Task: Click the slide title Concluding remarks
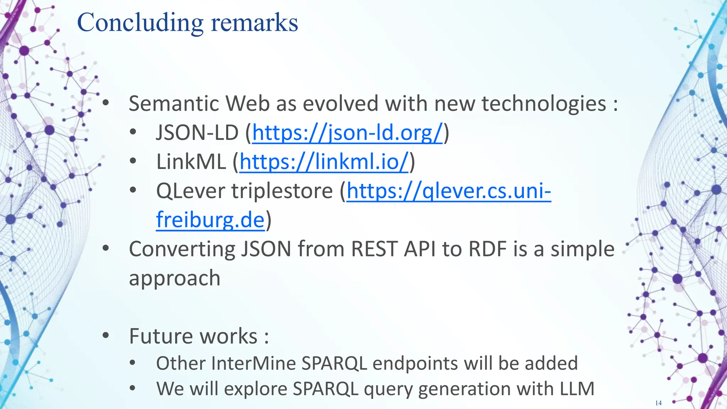point(187,23)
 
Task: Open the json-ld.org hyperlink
point(347,133)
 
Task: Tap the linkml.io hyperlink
point(324,162)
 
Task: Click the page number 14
point(658,403)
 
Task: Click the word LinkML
point(191,162)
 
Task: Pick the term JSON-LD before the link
point(197,133)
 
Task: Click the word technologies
point(544,104)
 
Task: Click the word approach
point(175,278)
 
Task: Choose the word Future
point(159,336)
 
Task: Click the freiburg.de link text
point(210,220)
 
